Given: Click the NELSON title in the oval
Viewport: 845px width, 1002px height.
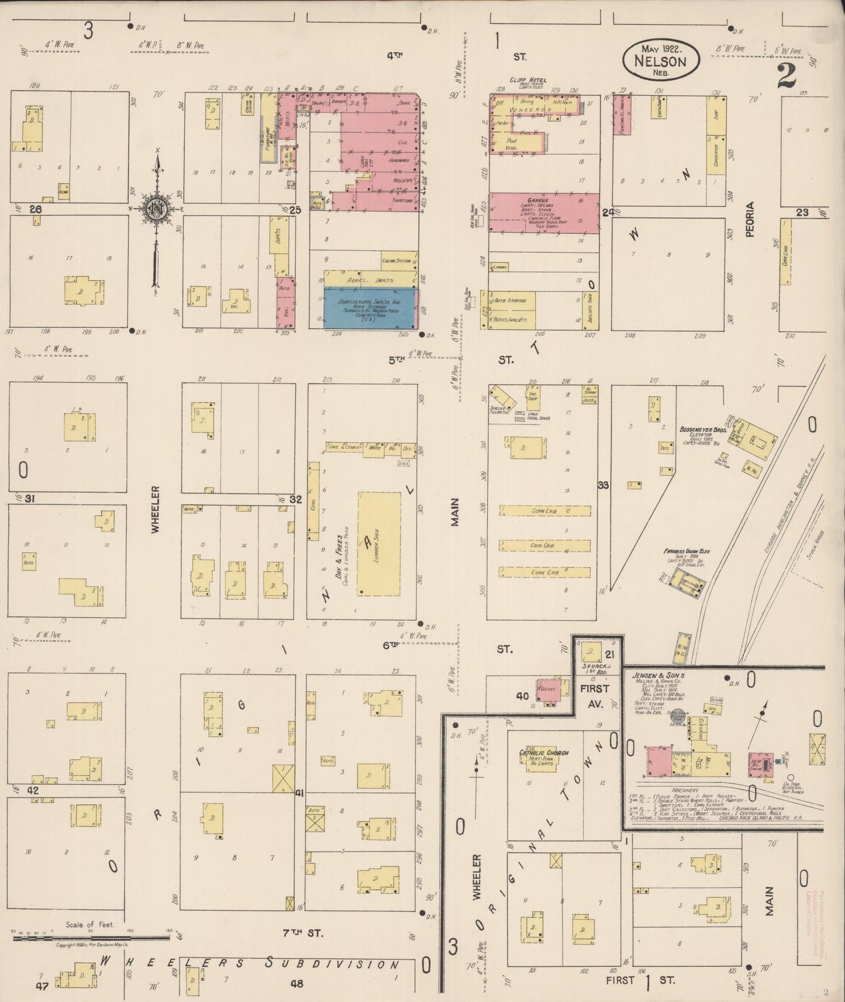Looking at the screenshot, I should click(662, 60).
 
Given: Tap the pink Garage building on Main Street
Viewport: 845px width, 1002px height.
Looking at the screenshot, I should click(544, 213).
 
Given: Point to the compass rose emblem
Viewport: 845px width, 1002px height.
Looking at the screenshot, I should click(156, 208).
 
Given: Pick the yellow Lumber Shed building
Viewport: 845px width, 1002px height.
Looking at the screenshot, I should click(379, 544).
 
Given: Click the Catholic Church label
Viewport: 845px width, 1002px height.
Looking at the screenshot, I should click(544, 753).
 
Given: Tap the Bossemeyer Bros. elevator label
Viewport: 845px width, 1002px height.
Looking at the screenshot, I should click(702, 430).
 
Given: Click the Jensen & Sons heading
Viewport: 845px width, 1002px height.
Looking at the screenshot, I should click(658, 676).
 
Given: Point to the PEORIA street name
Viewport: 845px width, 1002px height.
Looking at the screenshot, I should click(750, 219).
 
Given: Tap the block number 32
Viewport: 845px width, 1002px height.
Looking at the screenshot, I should click(295, 499).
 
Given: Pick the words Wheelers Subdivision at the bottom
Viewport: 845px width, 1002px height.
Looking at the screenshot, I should click(251, 964).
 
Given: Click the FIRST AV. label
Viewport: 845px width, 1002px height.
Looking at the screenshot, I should click(595, 696).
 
